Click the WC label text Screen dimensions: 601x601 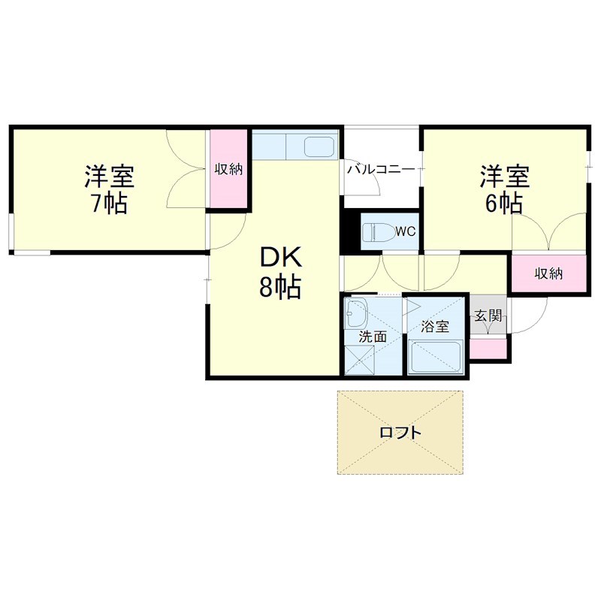click(x=406, y=231)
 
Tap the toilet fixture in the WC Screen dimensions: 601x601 click(x=379, y=232)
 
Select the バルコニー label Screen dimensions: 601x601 click(x=381, y=170)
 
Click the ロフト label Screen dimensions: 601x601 click(x=400, y=433)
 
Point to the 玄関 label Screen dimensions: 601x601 click(x=488, y=316)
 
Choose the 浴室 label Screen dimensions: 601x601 click(x=435, y=327)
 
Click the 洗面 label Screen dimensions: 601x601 click(x=373, y=337)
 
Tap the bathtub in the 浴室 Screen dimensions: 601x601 click(x=435, y=356)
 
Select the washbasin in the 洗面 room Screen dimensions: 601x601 click(x=356, y=313)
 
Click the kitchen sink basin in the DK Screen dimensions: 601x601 click(x=319, y=146)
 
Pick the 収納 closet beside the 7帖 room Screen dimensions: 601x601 click(x=228, y=169)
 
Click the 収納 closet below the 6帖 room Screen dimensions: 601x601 click(x=549, y=273)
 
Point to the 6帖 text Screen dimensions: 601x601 click(x=504, y=203)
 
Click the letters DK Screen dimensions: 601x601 click(x=281, y=257)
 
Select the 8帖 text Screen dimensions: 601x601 click(x=280, y=287)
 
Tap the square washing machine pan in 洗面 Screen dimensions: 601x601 click(x=360, y=360)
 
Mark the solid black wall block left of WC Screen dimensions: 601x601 click(x=351, y=231)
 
